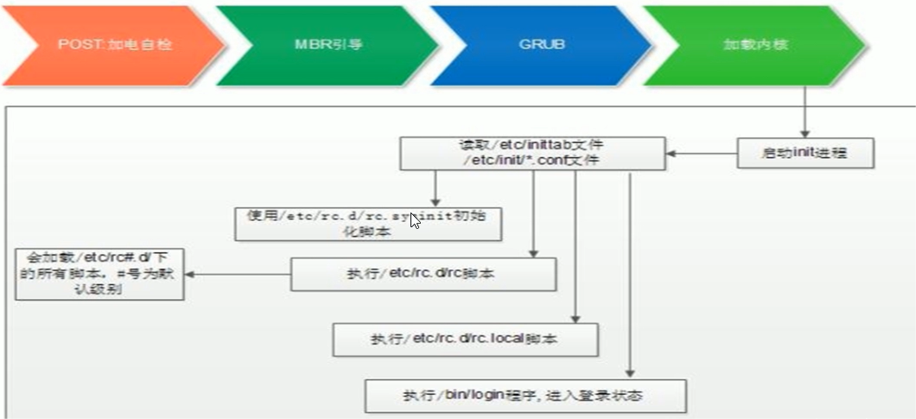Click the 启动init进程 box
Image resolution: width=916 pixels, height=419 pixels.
[805, 153]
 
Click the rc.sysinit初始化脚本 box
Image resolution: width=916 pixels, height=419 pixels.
[369, 224]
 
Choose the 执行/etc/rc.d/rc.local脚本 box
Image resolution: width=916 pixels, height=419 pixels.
[465, 339]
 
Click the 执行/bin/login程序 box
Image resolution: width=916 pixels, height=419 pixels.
[525, 396]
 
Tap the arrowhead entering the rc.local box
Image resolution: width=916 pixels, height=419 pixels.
[575, 317]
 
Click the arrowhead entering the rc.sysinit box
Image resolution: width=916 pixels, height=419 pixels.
[436, 200]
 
